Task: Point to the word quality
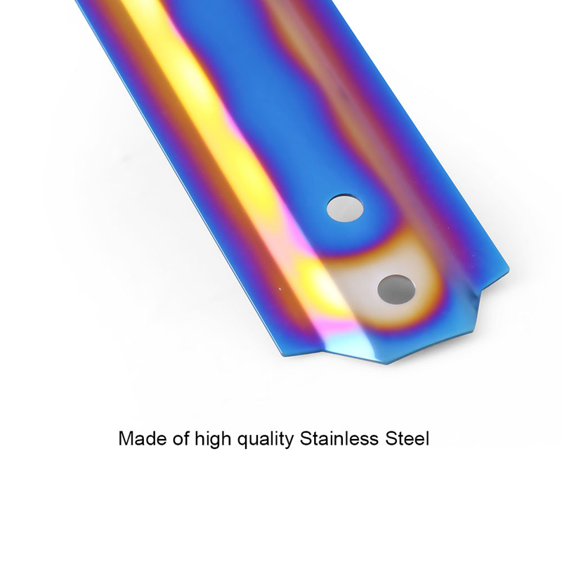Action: point(266,440)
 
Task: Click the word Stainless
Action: point(339,438)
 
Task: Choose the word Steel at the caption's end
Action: point(407,438)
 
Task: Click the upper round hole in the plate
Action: point(345,208)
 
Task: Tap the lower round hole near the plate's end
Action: point(396,289)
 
